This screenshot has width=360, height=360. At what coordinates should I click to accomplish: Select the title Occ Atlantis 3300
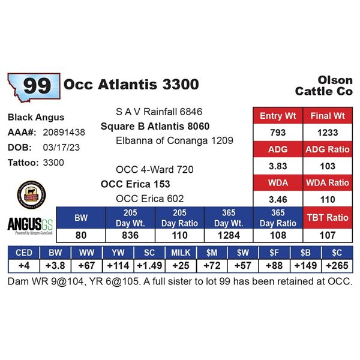click(x=130, y=85)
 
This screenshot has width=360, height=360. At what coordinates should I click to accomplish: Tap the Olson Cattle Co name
click(x=324, y=86)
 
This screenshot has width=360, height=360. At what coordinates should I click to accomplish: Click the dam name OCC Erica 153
click(x=135, y=184)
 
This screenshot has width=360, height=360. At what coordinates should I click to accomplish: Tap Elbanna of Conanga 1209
click(x=166, y=141)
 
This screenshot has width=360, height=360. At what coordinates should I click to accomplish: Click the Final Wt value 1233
click(x=328, y=132)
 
